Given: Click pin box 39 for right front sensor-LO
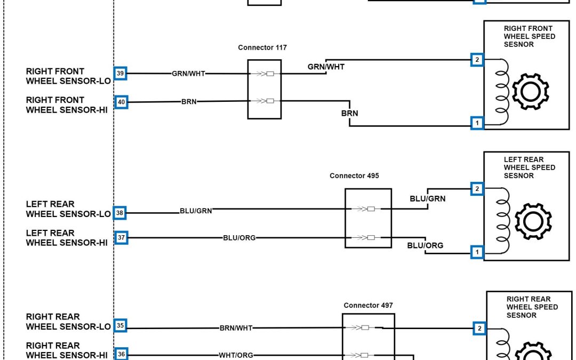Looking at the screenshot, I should click(x=121, y=74).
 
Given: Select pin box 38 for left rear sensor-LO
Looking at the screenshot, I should click(x=121, y=213).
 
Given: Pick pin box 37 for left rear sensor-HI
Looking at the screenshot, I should click(x=121, y=238).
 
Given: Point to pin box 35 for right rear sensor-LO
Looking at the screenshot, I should click(x=121, y=326).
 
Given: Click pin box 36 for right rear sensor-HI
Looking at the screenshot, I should click(x=121, y=354).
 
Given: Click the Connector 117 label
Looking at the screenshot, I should click(x=262, y=47).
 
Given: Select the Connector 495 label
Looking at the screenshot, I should click(x=354, y=175).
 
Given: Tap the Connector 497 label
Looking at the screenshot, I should click(x=368, y=306).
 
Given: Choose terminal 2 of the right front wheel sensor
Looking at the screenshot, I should click(x=477, y=60).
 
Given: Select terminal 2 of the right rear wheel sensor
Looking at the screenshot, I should click(x=479, y=329).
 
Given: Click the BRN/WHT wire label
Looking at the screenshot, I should click(x=236, y=328).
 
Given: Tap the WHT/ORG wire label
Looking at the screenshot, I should click(x=236, y=355).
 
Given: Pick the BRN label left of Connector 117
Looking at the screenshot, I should click(x=189, y=102).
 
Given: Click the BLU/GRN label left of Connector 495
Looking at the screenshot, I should click(x=196, y=211).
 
